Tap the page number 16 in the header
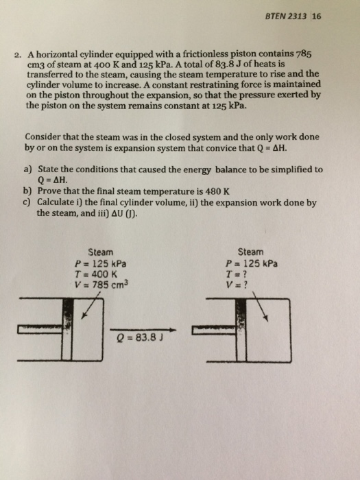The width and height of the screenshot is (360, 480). coord(316,19)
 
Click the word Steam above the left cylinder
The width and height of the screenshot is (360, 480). coord(101,252)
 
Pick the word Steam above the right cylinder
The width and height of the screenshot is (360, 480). coord(251,252)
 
